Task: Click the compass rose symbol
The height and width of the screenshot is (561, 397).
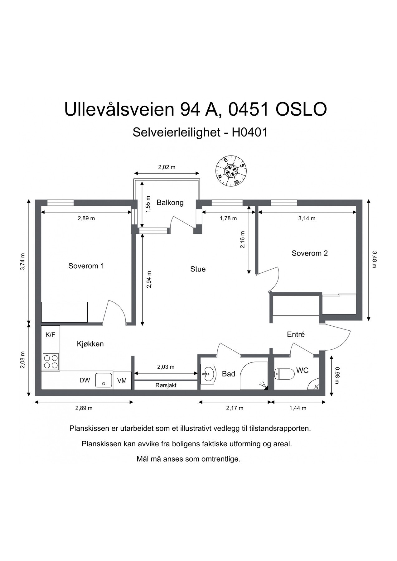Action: [x=231, y=171]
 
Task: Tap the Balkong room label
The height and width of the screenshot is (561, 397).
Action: [x=170, y=203]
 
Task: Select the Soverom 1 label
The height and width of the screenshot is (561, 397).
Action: [x=86, y=266]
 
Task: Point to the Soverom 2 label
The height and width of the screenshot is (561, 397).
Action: [x=309, y=253]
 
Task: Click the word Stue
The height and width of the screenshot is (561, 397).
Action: [x=198, y=269]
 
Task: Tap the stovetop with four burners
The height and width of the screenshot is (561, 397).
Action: [x=51, y=362]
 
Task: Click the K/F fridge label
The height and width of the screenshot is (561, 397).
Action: [x=50, y=335]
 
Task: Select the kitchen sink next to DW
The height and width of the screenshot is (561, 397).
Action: [x=104, y=380]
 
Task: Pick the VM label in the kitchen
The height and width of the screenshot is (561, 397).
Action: [x=122, y=381]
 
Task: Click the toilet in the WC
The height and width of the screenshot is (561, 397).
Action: [x=284, y=374]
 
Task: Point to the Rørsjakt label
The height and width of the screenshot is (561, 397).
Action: [x=166, y=386]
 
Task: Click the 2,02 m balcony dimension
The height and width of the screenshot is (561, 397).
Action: [x=167, y=167]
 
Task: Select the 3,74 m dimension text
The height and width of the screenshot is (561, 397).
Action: [x=22, y=262]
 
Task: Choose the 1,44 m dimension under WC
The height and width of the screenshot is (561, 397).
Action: [x=298, y=408]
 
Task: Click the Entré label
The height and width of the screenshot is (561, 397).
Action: [x=296, y=334]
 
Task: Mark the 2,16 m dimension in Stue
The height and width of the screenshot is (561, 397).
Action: [x=242, y=239]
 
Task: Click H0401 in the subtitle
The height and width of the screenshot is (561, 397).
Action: [x=249, y=132]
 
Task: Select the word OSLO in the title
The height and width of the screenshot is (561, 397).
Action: [x=301, y=109]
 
